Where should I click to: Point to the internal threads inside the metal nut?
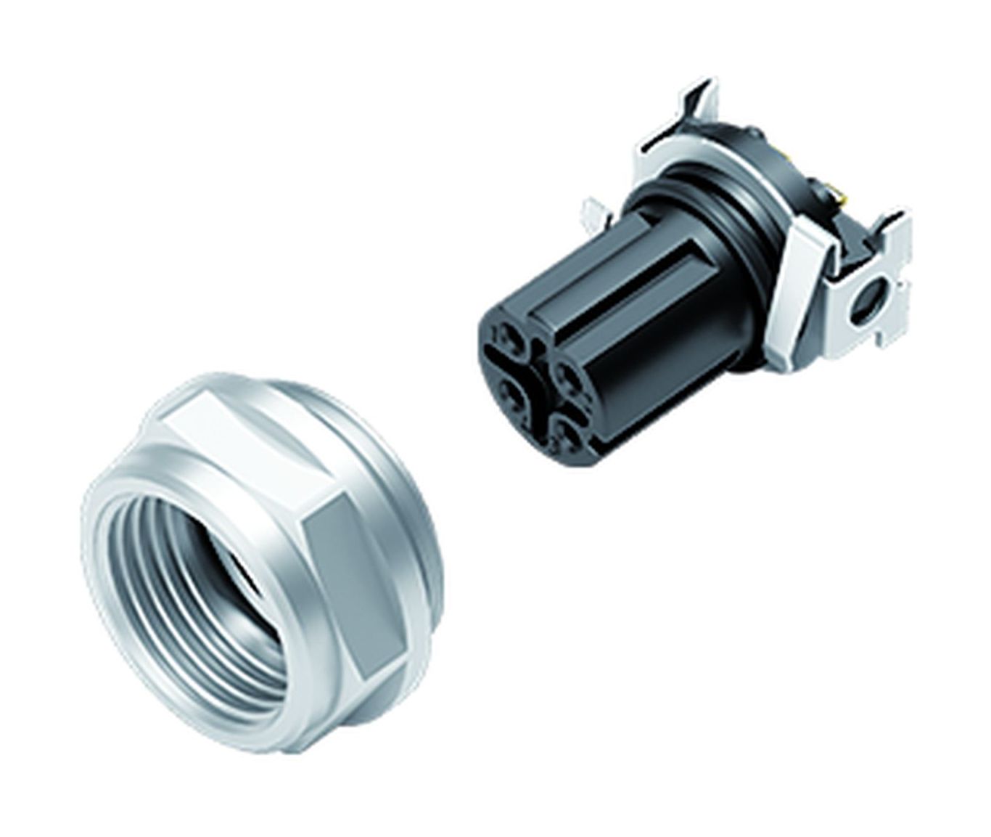[145, 552]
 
